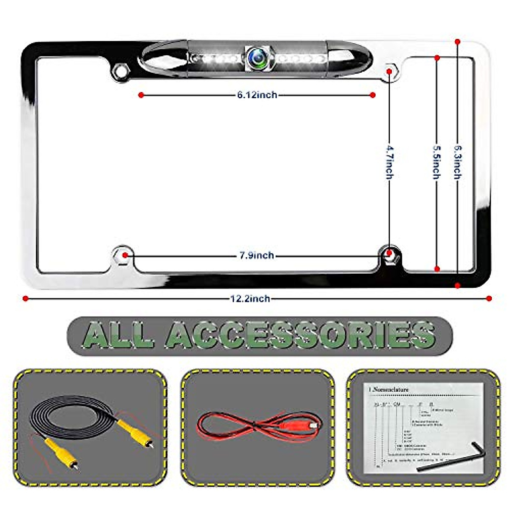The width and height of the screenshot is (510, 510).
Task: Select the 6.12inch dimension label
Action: click(x=257, y=95)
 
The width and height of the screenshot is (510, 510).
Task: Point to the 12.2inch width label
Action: click(x=250, y=298)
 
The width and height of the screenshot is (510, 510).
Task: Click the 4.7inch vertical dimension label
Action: click(x=390, y=162)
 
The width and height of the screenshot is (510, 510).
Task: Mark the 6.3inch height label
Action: click(x=457, y=162)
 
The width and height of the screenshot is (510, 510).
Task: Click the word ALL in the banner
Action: click(x=118, y=335)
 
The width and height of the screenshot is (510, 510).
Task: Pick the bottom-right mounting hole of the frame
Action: click(x=388, y=254)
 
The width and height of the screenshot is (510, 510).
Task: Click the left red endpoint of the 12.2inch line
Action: click(x=25, y=298)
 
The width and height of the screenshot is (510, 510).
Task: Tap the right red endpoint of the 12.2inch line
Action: click(x=489, y=298)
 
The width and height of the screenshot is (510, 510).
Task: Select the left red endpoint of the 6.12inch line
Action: click(x=141, y=95)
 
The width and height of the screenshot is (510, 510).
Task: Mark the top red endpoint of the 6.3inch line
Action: click(x=457, y=42)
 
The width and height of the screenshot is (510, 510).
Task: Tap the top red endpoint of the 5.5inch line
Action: click(x=437, y=57)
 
